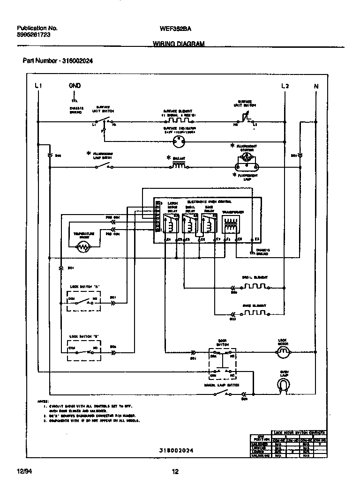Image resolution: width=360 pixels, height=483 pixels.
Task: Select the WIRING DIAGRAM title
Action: click(179, 44)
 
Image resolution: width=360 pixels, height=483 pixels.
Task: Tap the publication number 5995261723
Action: click(33, 35)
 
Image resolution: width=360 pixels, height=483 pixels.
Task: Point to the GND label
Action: click(75, 86)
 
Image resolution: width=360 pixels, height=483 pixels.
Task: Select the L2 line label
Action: click(285, 86)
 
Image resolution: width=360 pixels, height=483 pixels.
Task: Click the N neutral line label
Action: click(315, 86)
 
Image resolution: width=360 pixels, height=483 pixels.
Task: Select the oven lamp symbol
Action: click(282, 384)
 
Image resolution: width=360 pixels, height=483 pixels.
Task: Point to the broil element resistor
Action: click(255, 286)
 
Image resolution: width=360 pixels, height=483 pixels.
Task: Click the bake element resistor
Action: click(255, 312)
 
